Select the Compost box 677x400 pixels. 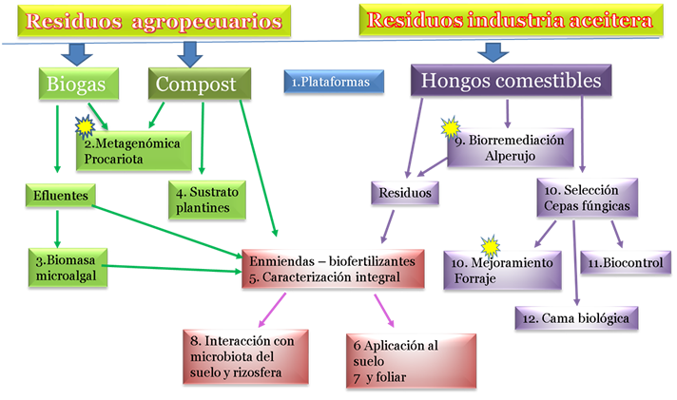(196, 84)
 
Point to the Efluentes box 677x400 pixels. (57, 196)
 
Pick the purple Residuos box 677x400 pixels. (404, 193)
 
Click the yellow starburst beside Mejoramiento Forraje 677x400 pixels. (491, 247)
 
